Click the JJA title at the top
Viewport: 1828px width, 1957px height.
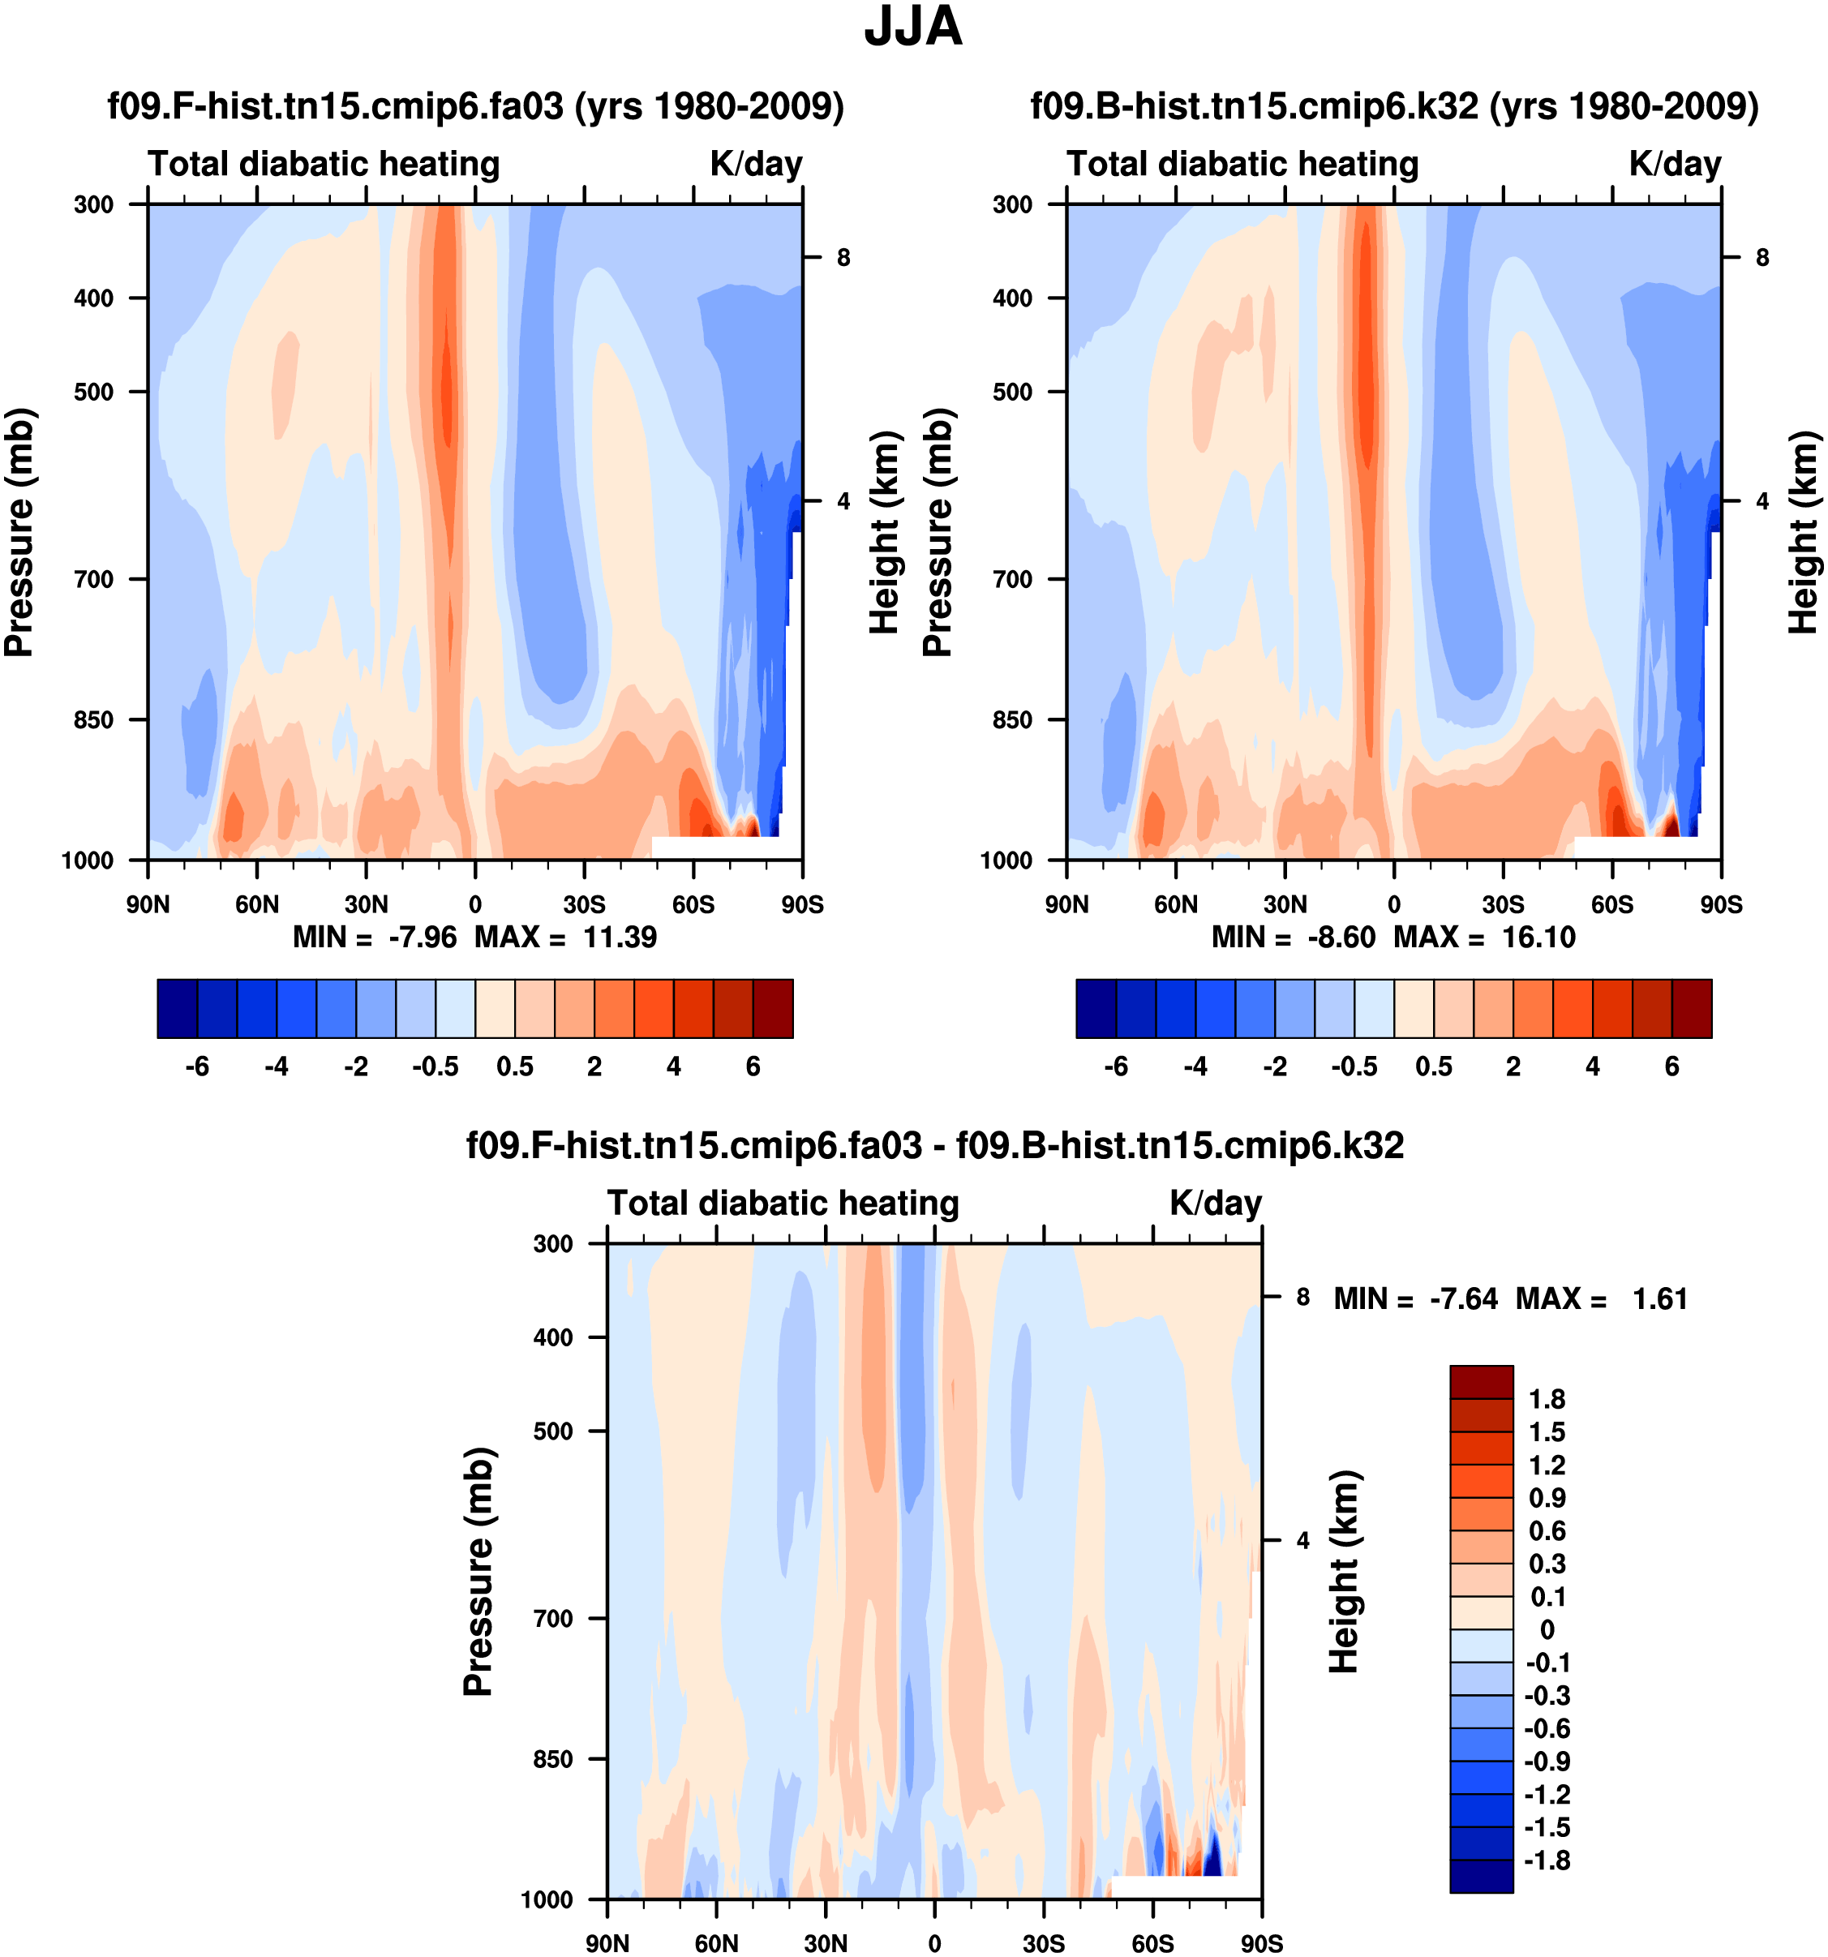coord(912,28)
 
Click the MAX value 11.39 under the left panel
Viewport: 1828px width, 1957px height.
coord(619,938)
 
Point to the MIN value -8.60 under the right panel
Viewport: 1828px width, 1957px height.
coord(1341,938)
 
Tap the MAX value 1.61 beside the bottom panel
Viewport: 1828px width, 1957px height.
coord(1659,1299)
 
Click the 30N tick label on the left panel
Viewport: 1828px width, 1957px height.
coord(367,904)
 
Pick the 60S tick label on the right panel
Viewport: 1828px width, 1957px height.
coord(1612,904)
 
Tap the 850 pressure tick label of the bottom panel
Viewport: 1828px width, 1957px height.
coord(553,1759)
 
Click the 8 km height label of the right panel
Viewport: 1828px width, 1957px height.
coord(1762,258)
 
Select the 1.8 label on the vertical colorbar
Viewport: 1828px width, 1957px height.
coord(1547,1400)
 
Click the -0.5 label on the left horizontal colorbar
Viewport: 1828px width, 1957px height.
coord(435,1067)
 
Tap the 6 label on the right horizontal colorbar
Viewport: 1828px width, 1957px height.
coord(1671,1067)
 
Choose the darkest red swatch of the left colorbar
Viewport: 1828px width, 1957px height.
coord(773,1009)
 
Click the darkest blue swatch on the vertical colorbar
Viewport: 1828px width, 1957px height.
coord(1481,1876)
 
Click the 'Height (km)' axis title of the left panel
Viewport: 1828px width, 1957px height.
coord(885,533)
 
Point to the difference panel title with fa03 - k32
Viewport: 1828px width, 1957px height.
coord(934,1146)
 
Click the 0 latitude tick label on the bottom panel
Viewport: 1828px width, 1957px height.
coord(934,1943)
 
